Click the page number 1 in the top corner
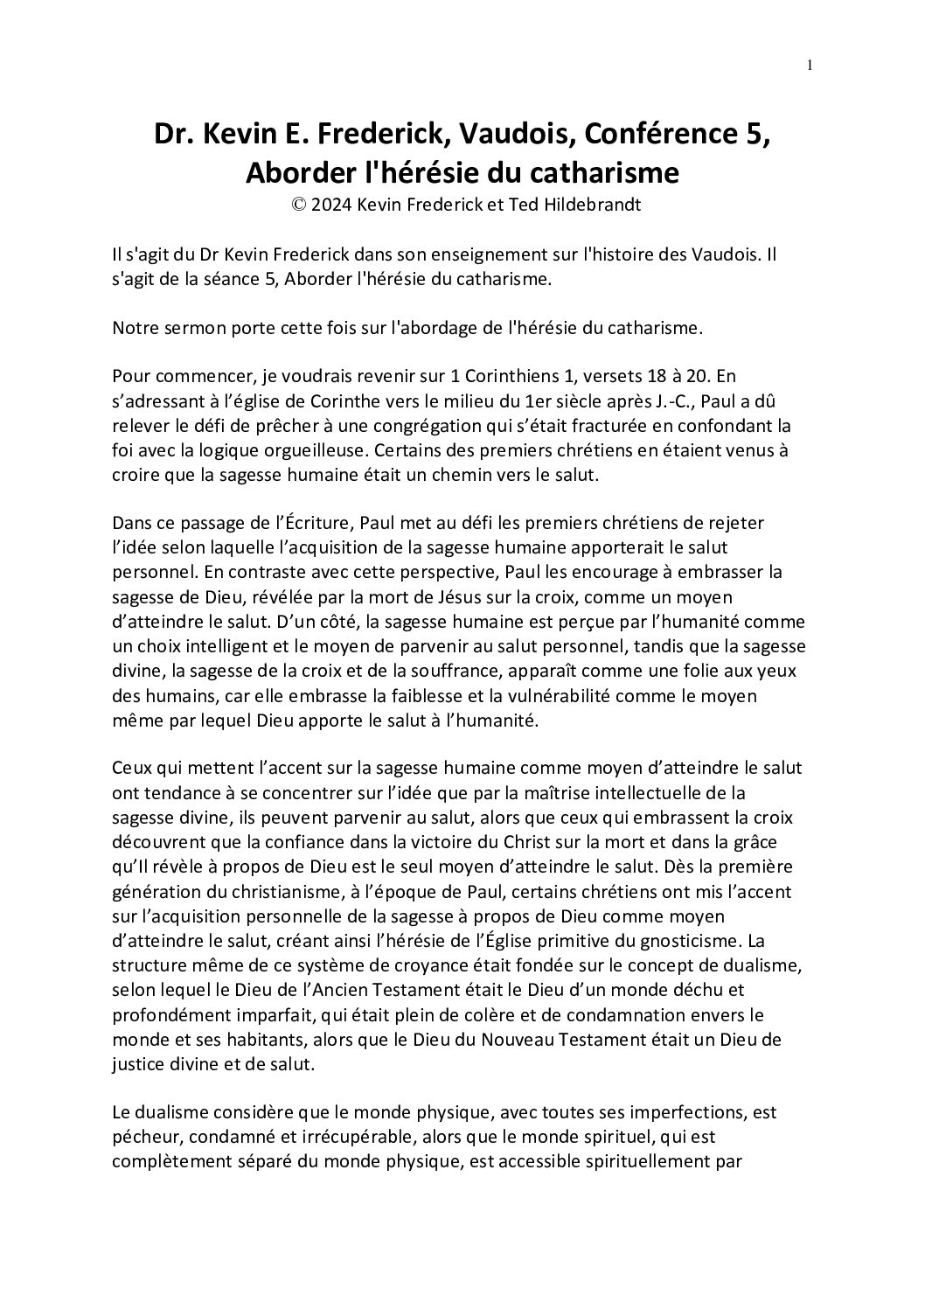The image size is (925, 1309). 810,64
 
